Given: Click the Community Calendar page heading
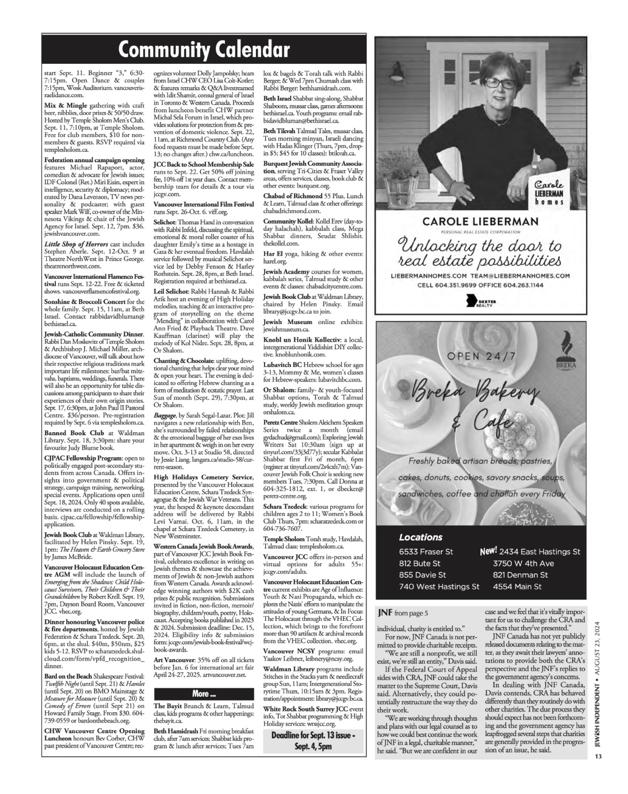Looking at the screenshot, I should (204, 51).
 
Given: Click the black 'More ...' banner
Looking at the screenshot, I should (204, 695).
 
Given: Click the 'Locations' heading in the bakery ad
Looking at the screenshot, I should (420, 537).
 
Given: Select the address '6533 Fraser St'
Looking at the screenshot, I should (426, 551).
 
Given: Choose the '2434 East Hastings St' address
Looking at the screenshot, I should (536, 551).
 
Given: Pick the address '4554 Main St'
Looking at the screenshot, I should (517, 587).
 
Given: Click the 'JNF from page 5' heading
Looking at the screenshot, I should (402, 613).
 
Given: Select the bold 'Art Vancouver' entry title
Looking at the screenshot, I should (174, 655).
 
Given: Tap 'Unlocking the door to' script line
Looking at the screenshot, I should (488, 243).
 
